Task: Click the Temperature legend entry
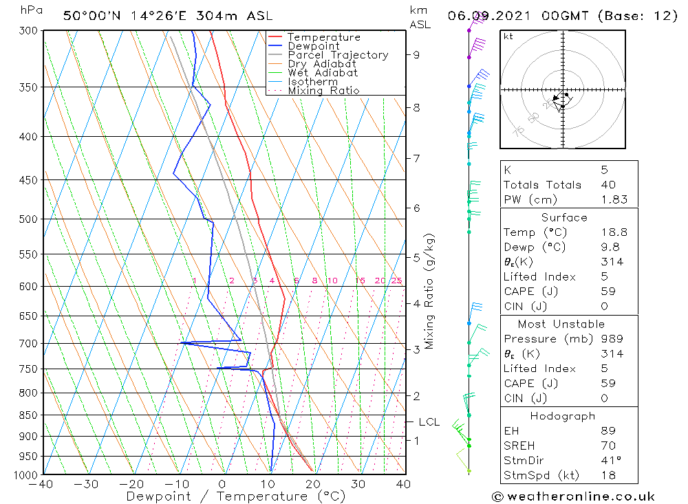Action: [323, 37]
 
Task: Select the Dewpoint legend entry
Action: [313, 46]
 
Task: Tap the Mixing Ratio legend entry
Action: [323, 90]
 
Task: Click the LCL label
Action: [429, 421]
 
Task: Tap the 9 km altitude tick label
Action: [417, 55]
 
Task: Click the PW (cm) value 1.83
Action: [614, 199]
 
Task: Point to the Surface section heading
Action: [564, 217]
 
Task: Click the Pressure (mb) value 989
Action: [612, 339]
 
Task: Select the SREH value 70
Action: [608, 446]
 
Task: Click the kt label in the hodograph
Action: [508, 36]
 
